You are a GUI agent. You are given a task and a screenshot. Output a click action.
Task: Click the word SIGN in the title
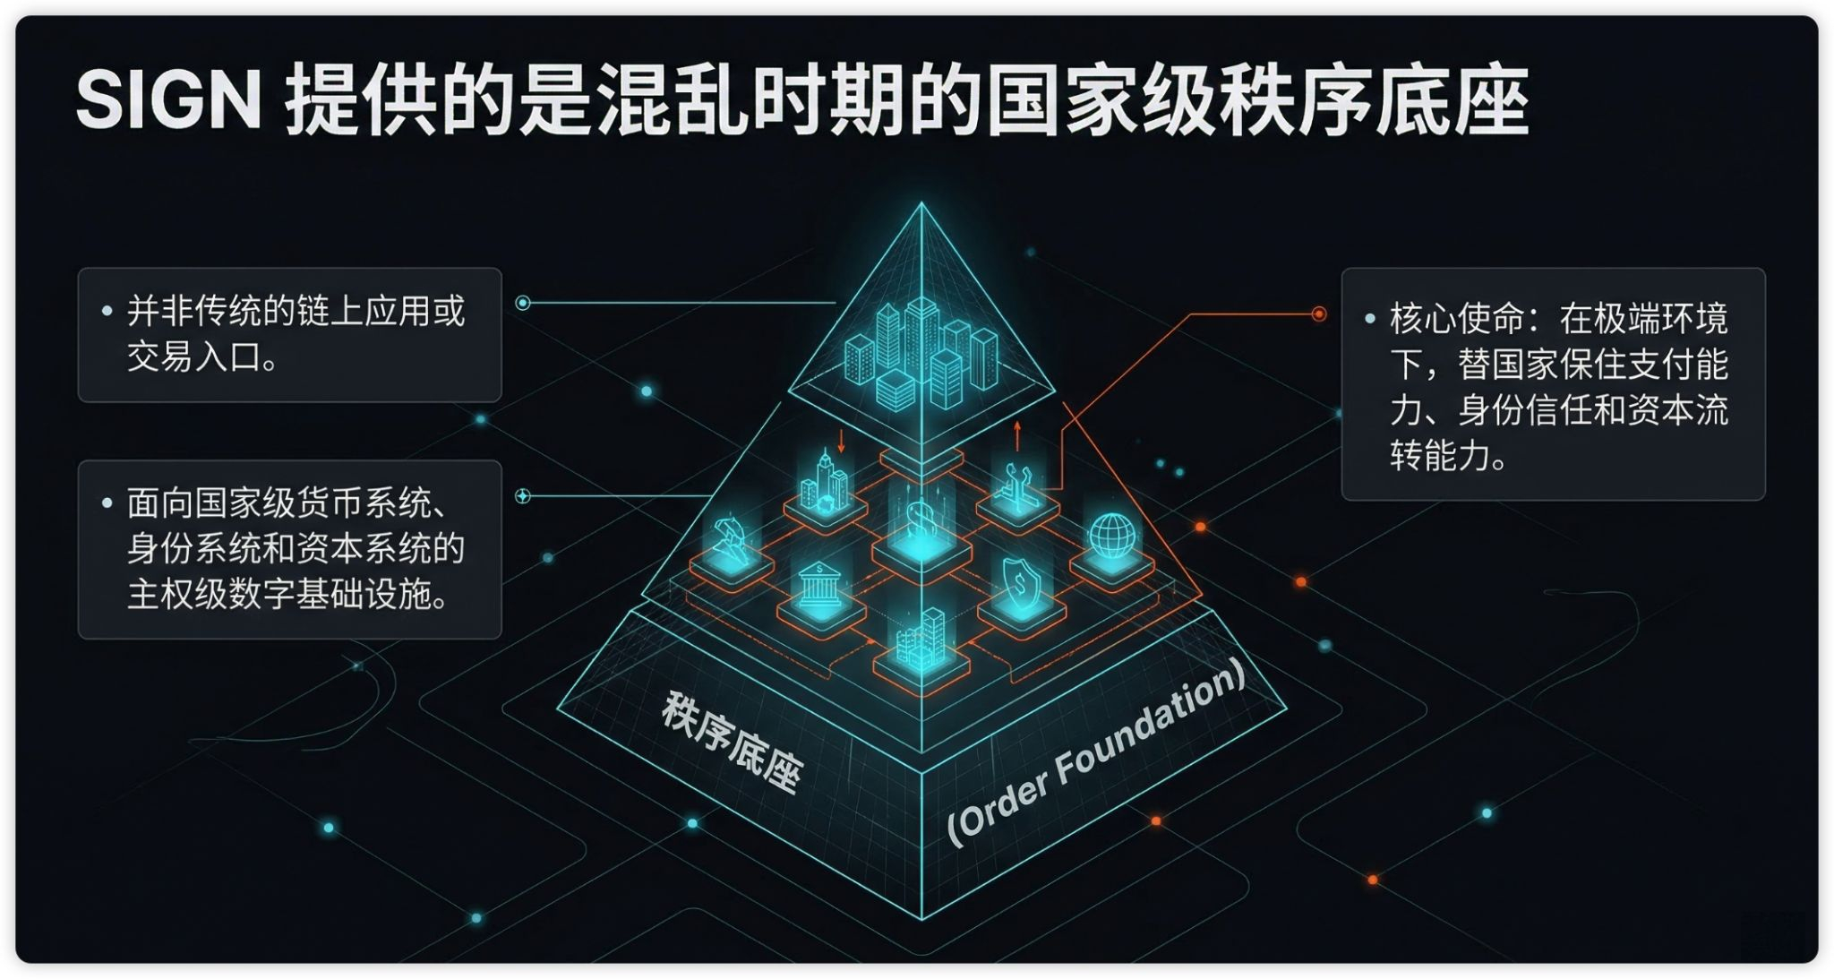coord(168,100)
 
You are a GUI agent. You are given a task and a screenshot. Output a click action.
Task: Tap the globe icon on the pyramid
coord(1111,535)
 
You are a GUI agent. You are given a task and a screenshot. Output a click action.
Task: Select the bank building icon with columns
coord(818,586)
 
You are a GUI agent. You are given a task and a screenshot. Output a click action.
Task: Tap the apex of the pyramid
coord(921,205)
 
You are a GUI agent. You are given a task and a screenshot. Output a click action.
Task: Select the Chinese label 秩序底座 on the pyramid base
coord(730,743)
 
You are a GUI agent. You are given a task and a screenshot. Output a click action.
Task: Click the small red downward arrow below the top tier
coord(841,440)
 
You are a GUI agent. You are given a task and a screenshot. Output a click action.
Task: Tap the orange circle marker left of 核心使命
coord(1318,314)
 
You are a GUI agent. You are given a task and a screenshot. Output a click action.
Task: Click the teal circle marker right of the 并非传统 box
coord(523,303)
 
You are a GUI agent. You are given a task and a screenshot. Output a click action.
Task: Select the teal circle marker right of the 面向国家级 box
coord(523,495)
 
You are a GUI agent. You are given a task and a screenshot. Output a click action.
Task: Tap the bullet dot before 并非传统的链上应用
coord(107,312)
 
